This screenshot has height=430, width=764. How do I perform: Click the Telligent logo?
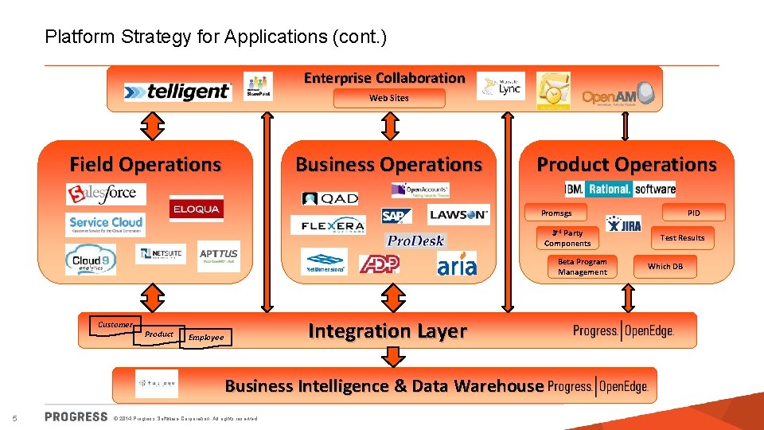(x=177, y=92)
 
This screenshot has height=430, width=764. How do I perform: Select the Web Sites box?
(x=389, y=98)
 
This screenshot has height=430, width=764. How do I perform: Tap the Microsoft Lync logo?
(x=501, y=87)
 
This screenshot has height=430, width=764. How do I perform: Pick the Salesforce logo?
(x=107, y=193)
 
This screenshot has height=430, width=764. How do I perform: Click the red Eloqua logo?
(x=197, y=209)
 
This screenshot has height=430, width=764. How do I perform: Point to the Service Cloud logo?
(x=106, y=225)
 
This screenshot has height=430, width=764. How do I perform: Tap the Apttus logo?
(x=218, y=255)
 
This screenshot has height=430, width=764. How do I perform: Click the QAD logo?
(x=330, y=198)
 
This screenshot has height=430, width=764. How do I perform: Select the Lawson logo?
(x=458, y=214)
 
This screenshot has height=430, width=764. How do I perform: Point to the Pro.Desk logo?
(x=415, y=240)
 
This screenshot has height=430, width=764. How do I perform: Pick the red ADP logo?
(x=379, y=264)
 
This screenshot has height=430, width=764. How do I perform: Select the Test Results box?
(x=682, y=237)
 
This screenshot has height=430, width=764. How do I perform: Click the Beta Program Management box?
(x=582, y=267)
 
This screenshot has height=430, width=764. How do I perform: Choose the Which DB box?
(x=665, y=266)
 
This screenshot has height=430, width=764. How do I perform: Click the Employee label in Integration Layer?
(x=206, y=338)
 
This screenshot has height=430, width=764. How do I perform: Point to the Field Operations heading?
(x=146, y=165)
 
